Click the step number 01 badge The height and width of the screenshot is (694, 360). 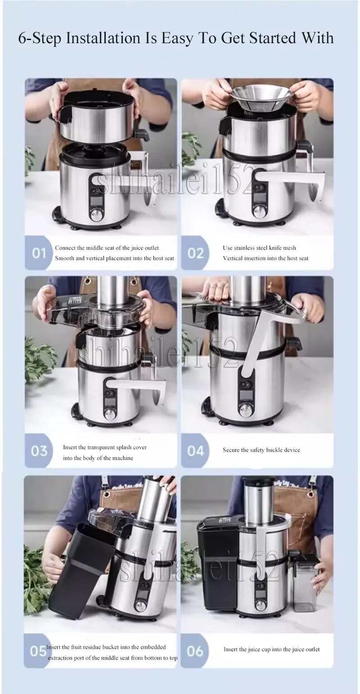(39, 253)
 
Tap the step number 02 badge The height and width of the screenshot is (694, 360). (195, 253)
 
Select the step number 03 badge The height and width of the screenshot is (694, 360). (39, 451)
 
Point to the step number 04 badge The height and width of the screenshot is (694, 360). (195, 451)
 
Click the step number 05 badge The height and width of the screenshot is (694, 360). (38, 651)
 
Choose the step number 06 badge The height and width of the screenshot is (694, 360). (195, 651)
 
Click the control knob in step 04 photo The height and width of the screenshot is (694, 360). (246, 409)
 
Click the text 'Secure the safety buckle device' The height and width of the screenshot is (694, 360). (261, 450)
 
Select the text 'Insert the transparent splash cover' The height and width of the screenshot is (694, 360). (105, 447)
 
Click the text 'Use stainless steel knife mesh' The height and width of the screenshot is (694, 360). (259, 248)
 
